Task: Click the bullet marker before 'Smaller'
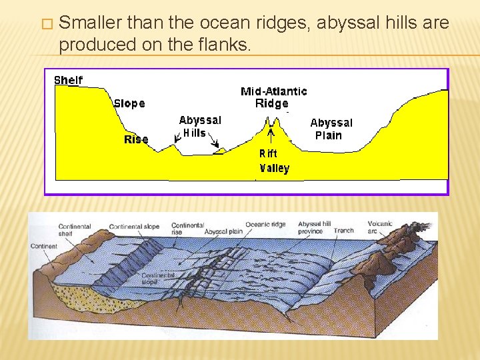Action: pos(46,24)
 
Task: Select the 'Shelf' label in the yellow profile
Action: pos(68,80)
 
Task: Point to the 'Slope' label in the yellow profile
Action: pos(129,103)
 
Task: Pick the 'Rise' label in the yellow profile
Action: pos(136,139)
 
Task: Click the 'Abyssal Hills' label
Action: pos(200,126)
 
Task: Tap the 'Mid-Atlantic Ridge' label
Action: pos(273,97)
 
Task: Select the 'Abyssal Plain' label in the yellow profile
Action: pos(331,129)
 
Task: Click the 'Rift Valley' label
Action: pos(274,161)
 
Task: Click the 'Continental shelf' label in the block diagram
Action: pos(74,230)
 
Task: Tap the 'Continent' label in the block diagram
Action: pos(43,246)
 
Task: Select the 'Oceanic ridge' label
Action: pos(266,225)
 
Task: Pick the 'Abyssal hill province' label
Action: pos(313,227)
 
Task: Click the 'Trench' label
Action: pos(343,231)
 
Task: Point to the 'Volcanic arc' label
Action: pos(380,227)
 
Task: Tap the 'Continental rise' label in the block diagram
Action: pos(187,228)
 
